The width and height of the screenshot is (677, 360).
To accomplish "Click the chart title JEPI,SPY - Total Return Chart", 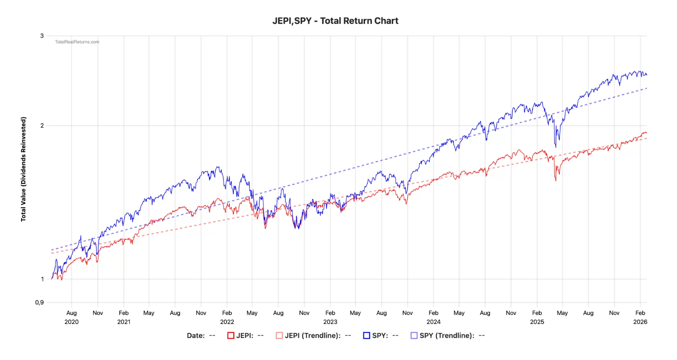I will [x=335, y=21].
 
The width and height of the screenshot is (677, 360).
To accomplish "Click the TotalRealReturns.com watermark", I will [x=77, y=42].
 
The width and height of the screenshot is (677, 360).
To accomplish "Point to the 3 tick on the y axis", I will [x=42, y=36].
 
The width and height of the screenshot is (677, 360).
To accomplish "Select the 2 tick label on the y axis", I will [x=42, y=126].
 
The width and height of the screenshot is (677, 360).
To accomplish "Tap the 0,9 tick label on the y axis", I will [x=39, y=302].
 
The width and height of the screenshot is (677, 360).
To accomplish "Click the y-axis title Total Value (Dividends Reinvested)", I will [x=24, y=169].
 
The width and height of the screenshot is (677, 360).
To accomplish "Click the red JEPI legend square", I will [x=231, y=336].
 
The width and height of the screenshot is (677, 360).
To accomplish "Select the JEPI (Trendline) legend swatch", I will [x=279, y=336].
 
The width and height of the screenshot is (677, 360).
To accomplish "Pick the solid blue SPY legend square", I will [x=367, y=336].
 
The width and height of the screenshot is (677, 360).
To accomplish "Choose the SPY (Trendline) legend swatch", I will [x=414, y=336].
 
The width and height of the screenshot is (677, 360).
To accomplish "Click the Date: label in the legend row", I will [x=196, y=336].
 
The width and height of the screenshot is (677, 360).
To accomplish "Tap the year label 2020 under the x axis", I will [x=71, y=322].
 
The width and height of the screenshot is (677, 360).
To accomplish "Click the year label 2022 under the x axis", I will [x=227, y=322].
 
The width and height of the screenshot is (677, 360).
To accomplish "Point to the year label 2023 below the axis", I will [x=330, y=322].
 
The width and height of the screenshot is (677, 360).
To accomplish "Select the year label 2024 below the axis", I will [x=434, y=322].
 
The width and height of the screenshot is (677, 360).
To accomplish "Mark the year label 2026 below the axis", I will [x=640, y=322].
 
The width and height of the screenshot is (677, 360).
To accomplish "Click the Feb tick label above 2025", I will [x=537, y=313].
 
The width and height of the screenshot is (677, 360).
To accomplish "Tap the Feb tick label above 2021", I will [x=124, y=313].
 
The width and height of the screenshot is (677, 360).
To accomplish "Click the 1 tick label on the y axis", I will [x=42, y=279].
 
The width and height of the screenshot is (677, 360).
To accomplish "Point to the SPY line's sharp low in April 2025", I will [x=556, y=147].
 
